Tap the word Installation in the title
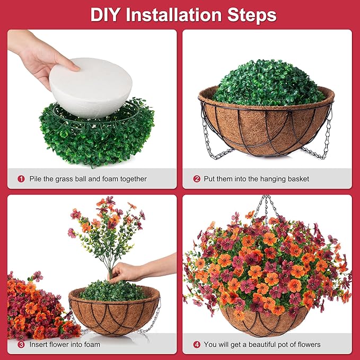179,14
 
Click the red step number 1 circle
21,179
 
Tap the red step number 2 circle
197,179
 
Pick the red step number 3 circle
21,345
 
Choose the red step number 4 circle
197,345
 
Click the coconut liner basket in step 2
265,127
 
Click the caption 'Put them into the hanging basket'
257,179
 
